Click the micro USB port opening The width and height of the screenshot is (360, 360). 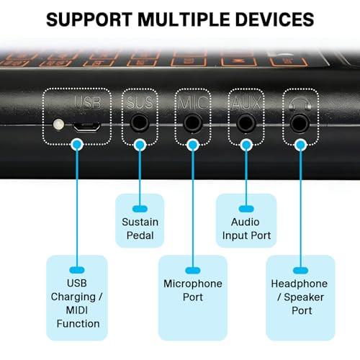coord(86,127)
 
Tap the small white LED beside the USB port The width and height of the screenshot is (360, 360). coord(58,125)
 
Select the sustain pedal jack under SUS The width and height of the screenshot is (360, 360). coord(140,123)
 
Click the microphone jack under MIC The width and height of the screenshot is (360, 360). coord(193,123)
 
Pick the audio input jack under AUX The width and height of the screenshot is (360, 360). coord(246,123)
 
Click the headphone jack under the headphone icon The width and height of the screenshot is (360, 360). coord(300,123)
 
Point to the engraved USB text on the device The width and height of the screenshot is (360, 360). coord(88,102)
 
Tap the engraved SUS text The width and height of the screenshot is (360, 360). coord(140,102)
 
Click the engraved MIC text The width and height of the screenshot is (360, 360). coord(193,103)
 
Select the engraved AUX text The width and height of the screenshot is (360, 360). coord(246,103)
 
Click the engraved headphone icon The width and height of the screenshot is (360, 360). coord(300,104)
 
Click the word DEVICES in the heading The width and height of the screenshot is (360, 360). coord(275,19)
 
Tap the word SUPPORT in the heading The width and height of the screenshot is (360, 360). coord(89,19)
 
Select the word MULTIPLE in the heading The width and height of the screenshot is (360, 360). coord(184,19)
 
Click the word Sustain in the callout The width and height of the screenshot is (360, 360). coord(140,222)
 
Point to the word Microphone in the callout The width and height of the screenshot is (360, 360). coord(193,284)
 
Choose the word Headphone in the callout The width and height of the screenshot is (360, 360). coord(300,284)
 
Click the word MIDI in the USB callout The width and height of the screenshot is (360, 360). coord(77,310)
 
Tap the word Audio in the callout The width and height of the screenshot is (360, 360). coord(246,222)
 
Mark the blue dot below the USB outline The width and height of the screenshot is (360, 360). coord(77,145)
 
